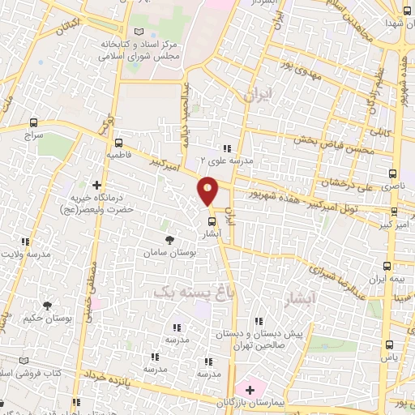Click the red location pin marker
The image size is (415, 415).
207,190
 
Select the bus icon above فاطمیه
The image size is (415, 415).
118,139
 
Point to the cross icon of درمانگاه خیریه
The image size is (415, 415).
98,186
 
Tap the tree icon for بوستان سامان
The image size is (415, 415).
169,240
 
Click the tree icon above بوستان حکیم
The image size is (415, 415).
48,306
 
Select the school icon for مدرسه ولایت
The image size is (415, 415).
25,242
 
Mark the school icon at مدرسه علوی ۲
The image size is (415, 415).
227,148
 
